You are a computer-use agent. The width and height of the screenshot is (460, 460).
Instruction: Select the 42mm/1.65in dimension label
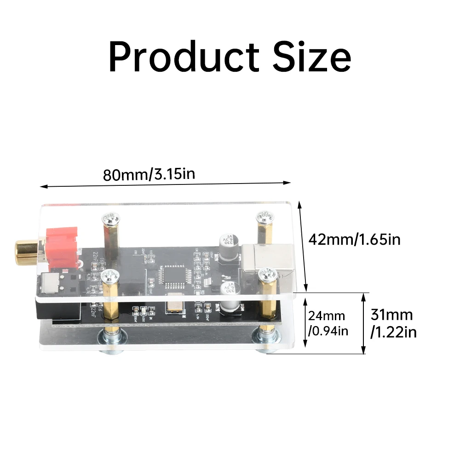(355, 239)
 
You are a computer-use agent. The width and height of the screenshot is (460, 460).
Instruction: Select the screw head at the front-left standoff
(110, 276)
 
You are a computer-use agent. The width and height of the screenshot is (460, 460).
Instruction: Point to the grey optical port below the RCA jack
(49, 283)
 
